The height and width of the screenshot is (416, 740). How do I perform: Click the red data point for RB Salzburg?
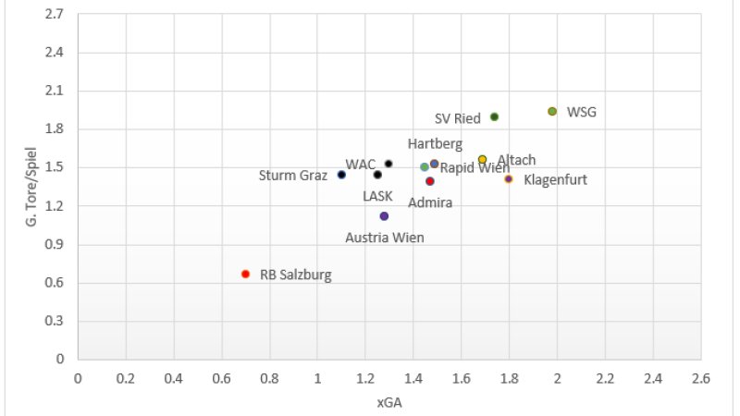click(245, 274)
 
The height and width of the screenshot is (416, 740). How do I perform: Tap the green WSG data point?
click(552, 111)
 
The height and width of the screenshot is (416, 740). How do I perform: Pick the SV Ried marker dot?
click(494, 116)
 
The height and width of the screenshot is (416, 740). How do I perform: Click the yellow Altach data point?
click(482, 159)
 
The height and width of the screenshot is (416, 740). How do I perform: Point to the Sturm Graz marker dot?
click(341, 175)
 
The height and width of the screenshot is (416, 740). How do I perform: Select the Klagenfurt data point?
click(509, 178)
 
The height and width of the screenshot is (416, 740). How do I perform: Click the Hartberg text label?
click(435, 144)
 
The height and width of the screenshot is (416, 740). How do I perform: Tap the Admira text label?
click(430, 202)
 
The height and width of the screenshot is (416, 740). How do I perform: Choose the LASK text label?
click(377, 196)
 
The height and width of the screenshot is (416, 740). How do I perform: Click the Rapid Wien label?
click(473, 168)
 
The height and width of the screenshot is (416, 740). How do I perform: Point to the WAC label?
click(361, 165)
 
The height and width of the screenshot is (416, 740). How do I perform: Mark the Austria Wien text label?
click(385, 238)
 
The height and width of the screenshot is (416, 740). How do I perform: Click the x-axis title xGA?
click(388, 402)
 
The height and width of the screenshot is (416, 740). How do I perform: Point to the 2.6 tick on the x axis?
click(700, 378)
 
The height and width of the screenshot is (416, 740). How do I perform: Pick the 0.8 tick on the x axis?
click(269, 378)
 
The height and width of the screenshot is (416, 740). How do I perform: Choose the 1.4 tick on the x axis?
click(413, 378)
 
